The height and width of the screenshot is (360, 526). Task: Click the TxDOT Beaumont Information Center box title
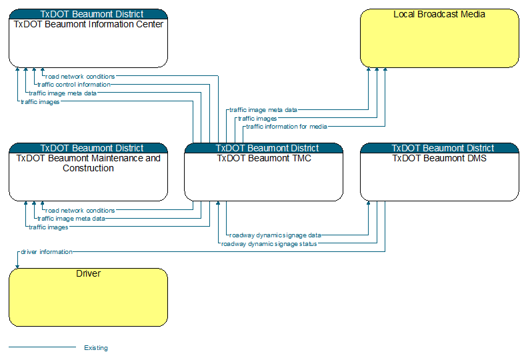coord(88,24)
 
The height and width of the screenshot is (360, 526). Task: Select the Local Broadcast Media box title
coord(439,14)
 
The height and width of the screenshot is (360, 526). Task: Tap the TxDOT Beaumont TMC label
coord(264,158)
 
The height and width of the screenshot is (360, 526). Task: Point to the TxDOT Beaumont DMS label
coord(439,158)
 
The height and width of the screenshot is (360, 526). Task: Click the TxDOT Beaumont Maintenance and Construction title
coord(88,163)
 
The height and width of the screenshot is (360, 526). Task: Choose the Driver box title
coord(88,273)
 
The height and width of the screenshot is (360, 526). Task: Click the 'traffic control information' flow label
coord(74,85)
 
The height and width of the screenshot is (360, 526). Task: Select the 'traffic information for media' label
coord(287,127)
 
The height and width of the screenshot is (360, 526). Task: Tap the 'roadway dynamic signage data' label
coord(275,235)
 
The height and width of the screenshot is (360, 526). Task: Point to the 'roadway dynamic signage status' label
coord(269,244)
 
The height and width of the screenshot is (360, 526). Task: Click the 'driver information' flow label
coord(46,251)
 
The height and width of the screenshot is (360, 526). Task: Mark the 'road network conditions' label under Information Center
coord(80,77)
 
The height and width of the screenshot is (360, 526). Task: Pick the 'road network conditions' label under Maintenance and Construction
coord(80,211)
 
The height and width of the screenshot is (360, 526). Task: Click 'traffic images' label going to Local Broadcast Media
coord(257,119)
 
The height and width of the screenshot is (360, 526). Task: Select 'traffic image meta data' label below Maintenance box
coord(71,219)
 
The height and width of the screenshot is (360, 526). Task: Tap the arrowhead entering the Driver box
coord(17,267)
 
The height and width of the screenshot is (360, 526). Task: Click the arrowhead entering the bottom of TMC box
coord(218,203)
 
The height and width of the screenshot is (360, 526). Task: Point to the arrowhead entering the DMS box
coord(369,203)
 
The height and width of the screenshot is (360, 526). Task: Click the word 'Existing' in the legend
coord(96,348)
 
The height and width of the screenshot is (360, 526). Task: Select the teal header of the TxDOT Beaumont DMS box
coord(439,148)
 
